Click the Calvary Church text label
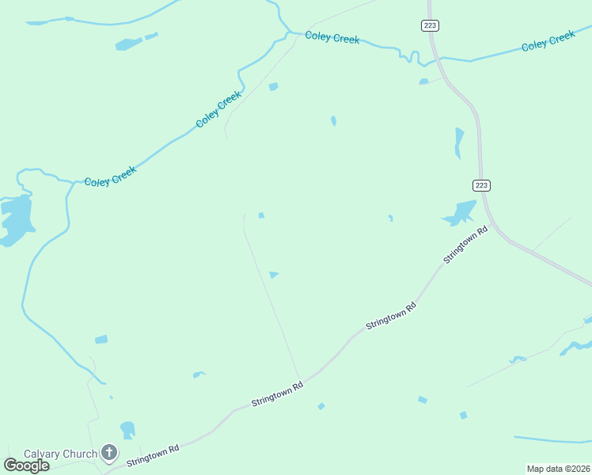(x=60, y=454)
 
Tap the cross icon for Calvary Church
(x=109, y=454)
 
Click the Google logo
(x=26, y=465)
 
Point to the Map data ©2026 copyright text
(x=558, y=469)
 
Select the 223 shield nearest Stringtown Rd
(x=482, y=185)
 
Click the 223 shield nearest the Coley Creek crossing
(x=430, y=25)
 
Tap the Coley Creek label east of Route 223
(x=548, y=41)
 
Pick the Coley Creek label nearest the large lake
(x=110, y=176)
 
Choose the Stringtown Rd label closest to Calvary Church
(x=154, y=454)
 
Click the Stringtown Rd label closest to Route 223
(x=465, y=245)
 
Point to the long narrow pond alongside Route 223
(x=458, y=142)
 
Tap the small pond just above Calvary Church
(x=127, y=429)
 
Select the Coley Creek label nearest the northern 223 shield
(x=332, y=37)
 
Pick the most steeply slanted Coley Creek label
(x=218, y=110)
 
